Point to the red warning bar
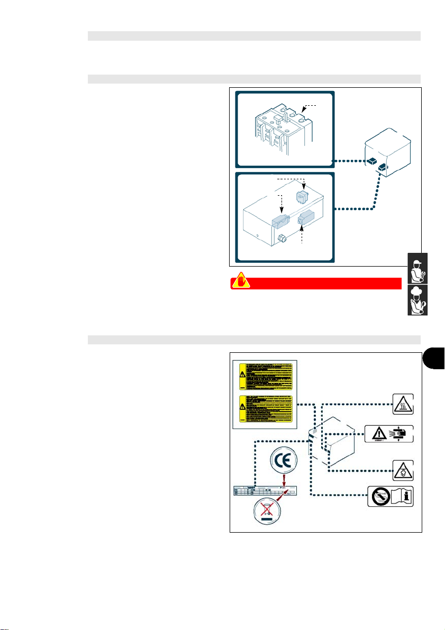pyautogui.click(x=315, y=284)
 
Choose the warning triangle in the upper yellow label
pyautogui.click(x=242, y=373)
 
